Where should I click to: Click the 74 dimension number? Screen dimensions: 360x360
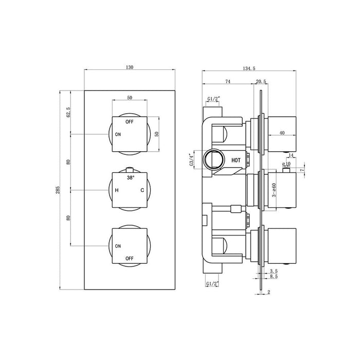[x=228, y=81]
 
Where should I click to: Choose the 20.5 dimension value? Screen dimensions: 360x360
[x=261, y=81]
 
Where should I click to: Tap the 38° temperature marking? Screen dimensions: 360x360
[x=130, y=177]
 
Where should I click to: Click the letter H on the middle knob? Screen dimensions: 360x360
[x=117, y=191]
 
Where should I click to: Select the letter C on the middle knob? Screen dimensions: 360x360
[x=142, y=191]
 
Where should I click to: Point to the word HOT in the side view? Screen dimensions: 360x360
[x=236, y=160]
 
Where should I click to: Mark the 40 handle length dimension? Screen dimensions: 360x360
[x=282, y=133]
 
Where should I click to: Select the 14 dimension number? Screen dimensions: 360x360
[x=291, y=155]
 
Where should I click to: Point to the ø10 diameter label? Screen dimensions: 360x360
[x=286, y=165]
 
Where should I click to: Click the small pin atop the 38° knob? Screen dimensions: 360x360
[x=130, y=168]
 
